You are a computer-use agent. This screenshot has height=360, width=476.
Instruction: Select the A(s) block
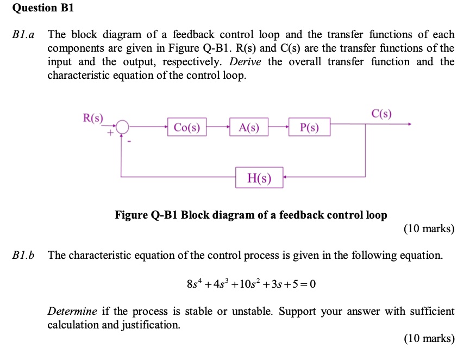[x=249, y=128]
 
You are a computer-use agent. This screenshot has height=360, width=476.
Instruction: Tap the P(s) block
[x=309, y=128]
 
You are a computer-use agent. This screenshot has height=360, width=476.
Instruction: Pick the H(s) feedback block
[x=259, y=178]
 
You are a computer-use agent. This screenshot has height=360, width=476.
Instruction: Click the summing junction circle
[x=123, y=127]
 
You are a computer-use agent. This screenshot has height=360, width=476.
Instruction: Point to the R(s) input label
[x=93, y=116]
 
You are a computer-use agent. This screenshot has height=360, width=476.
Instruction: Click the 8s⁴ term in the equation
[x=193, y=284]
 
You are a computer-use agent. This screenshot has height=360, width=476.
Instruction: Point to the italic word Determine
[x=72, y=312]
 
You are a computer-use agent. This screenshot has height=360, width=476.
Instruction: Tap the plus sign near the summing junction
[x=110, y=133]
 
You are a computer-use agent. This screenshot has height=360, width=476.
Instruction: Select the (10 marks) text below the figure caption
[x=429, y=229]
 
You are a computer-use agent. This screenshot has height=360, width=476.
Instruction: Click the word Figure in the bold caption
[x=131, y=215]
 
